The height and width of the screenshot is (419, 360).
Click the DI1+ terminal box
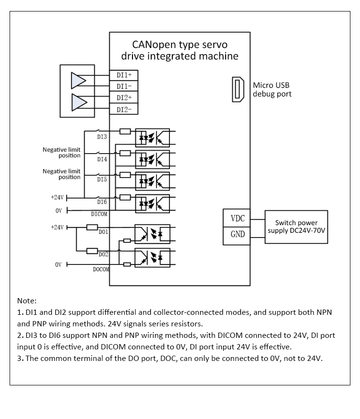pyautogui.click(x=124, y=75)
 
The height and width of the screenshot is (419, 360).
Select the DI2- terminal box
pyautogui.click(x=124, y=109)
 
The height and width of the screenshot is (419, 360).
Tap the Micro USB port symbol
pyautogui.click(x=238, y=89)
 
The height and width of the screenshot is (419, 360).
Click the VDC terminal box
pyautogui.click(x=237, y=218)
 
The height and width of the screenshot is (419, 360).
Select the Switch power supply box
pyautogui.click(x=296, y=227)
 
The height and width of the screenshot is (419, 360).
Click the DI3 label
pyautogui.click(x=102, y=137)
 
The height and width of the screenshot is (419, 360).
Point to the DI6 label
pyautogui.click(x=102, y=202)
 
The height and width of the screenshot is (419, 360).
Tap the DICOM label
pyautogui.click(x=99, y=214)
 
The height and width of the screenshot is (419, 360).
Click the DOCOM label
pyautogui.click(x=101, y=269)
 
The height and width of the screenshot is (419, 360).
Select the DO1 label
pyautogui.click(x=103, y=232)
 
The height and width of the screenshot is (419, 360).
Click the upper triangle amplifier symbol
pyautogui.click(x=79, y=81)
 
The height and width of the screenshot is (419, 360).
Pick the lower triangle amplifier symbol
pyautogui.click(x=79, y=102)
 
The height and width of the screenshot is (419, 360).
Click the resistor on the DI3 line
pyautogui.click(x=125, y=131)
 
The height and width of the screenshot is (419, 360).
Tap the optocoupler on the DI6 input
pyautogui.click(x=152, y=204)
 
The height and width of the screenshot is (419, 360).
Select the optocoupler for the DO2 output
pyautogui.click(x=152, y=258)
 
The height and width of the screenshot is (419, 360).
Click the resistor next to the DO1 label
pyautogui.click(x=92, y=227)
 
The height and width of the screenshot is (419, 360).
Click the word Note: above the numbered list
pyautogui.click(x=27, y=301)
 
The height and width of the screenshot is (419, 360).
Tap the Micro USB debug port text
pyautogui.click(x=272, y=90)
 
